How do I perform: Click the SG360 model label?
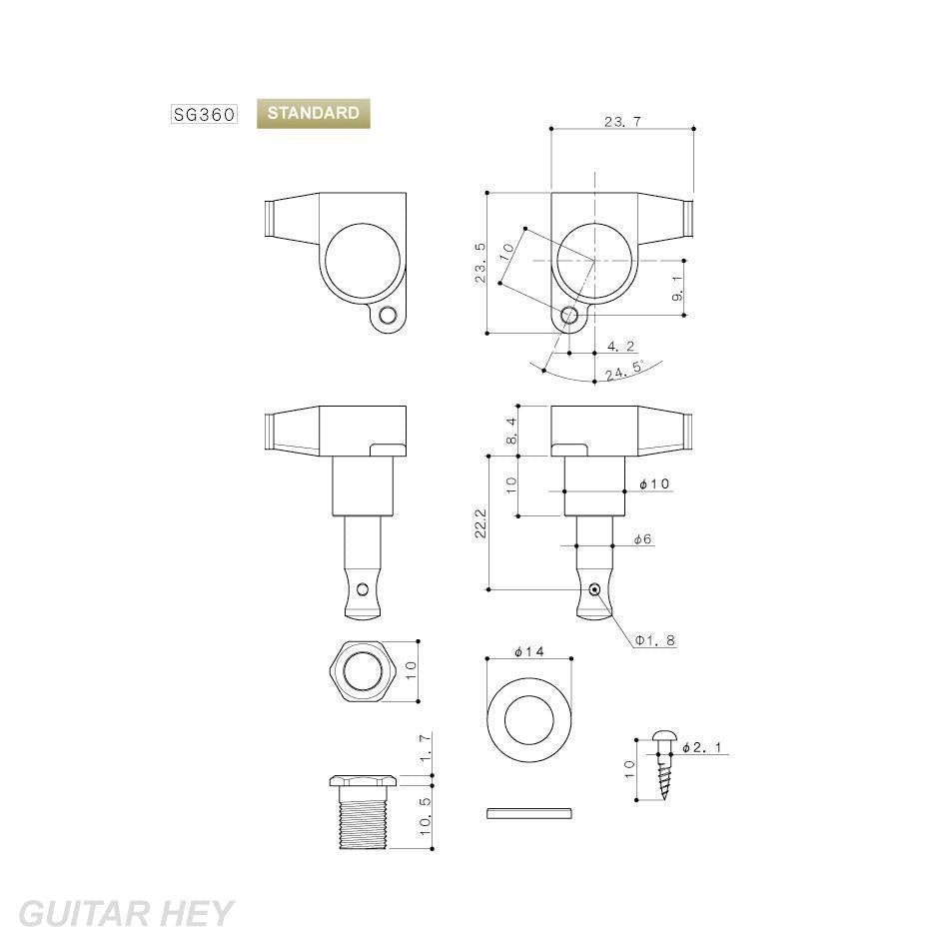[204, 114]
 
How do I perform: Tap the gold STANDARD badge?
[313, 114]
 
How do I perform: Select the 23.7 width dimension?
[621, 121]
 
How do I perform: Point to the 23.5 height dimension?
[480, 263]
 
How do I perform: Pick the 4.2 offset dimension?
[620, 347]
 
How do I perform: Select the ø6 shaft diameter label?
[642, 539]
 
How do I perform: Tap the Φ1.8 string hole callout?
[654, 639]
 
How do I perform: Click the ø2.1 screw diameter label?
[701, 747]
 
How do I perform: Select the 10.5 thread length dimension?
[425, 816]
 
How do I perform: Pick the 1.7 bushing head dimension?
[425, 750]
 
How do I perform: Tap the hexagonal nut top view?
[362, 672]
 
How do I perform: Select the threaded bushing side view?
[362, 811]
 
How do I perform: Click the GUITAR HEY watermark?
[126, 913]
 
